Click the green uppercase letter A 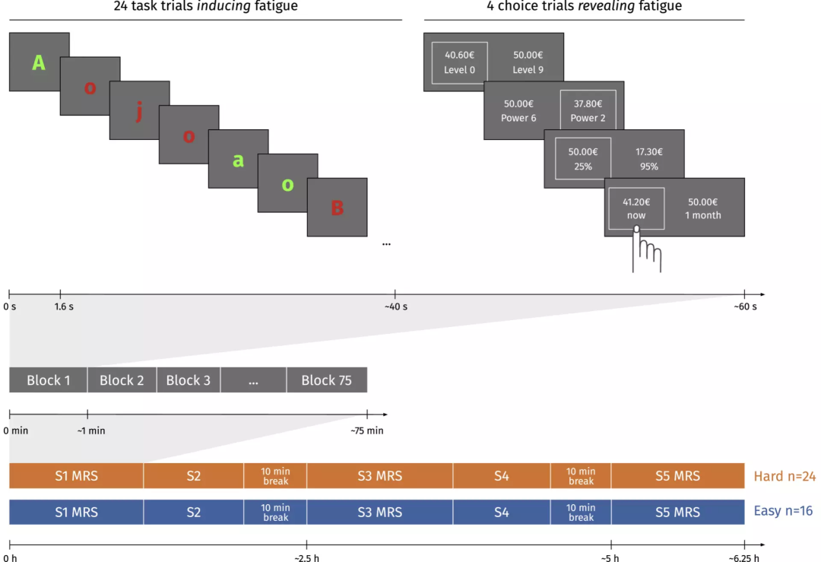coord(39,63)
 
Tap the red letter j coord(138,113)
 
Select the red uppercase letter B coord(337,208)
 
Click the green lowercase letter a coord(238,160)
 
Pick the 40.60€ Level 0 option coord(460,62)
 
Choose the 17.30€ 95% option coord(649,159)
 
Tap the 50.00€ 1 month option coord(702,208)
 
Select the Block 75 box coord(326,380)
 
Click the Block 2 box coord(122,380)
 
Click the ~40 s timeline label coord(395,306)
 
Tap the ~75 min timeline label coord(366,430)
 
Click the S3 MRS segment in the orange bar coord(379,476)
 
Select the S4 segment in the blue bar coord(501,513)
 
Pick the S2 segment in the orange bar coord(193,476)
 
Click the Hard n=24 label coord(785,477)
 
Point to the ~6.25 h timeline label coord(743,558)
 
